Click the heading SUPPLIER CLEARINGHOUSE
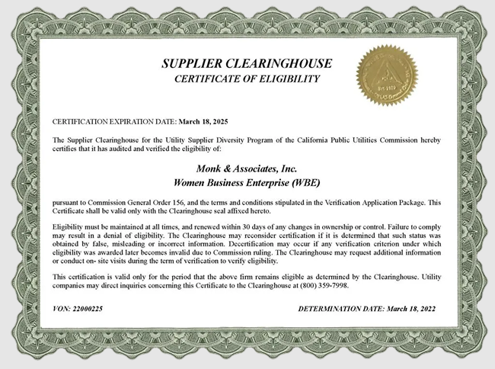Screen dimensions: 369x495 tap(247, 64)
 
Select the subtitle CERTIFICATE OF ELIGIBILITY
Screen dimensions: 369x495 tap(247, 79)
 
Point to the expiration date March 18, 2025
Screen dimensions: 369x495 tap(203, 121)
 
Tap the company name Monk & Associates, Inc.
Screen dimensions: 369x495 tap(247, 168)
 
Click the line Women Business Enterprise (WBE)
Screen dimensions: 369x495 tap(247, 183)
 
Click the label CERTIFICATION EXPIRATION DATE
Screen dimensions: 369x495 tap(113, 121)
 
